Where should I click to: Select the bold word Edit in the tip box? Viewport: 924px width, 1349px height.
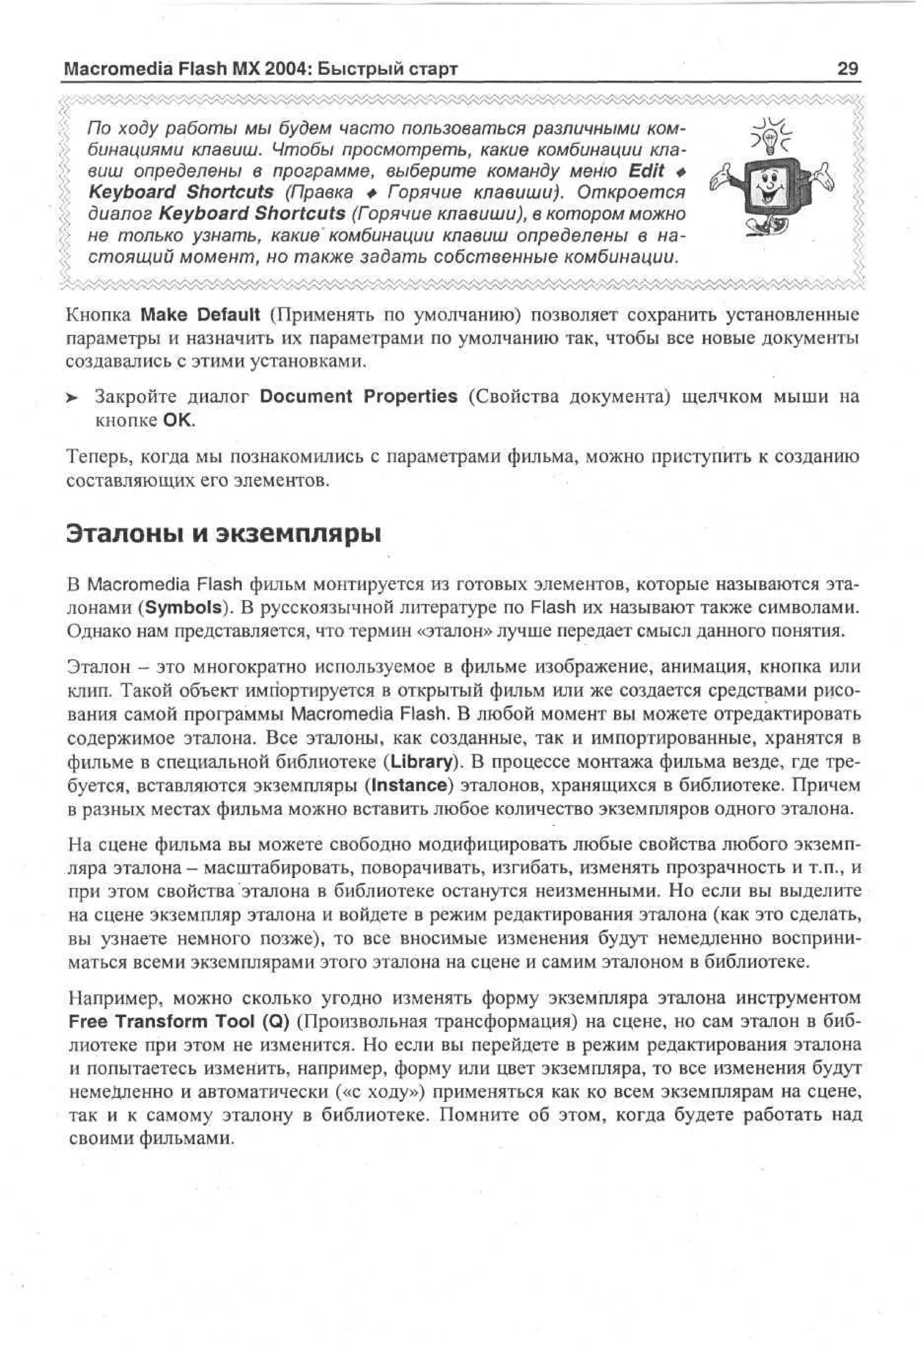tap(646, 171)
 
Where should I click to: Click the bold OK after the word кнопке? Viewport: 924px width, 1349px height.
tap(176, 420)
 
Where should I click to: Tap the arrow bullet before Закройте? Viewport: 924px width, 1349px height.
tap(71, 398)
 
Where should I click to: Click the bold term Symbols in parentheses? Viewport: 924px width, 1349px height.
tap(184, 607)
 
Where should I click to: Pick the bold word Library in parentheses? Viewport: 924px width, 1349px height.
tap(421, 762)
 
